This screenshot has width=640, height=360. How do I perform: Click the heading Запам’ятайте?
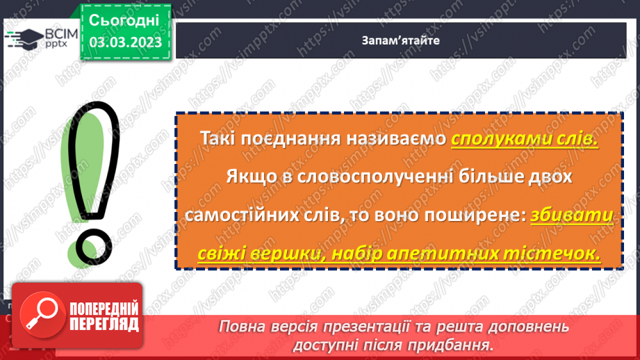400,40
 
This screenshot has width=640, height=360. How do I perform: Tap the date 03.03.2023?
125,43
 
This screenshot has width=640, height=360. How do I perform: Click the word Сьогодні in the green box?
125,20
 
